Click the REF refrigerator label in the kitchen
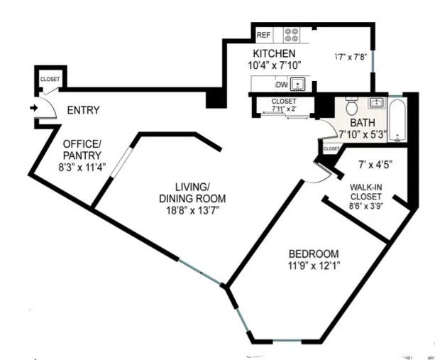coord(263,35)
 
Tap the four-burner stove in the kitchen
coord(292,35)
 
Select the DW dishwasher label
coord(282,84)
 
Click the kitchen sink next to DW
coord(300,84)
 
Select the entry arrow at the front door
coord(34,109)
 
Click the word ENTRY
coord(83,110)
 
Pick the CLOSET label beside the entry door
coord(50,79)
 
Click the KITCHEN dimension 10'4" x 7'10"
coord(276,65)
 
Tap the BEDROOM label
coord(313,254)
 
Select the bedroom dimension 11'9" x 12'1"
coord(313,267)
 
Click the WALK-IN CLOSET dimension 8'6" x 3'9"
coord(365,207)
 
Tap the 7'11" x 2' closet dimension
coord(284,109)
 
